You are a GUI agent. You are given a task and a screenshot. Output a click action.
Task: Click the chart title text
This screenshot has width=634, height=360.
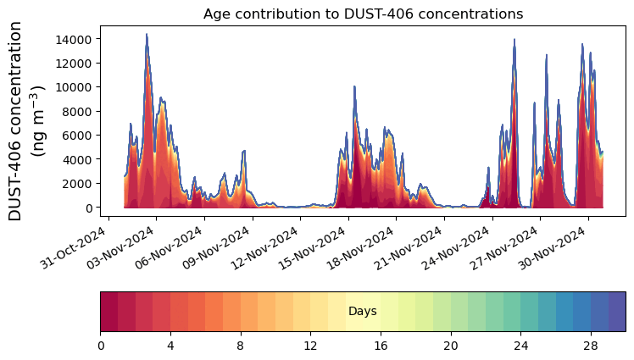363,14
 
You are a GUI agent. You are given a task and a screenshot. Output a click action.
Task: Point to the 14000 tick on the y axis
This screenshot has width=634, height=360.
75,39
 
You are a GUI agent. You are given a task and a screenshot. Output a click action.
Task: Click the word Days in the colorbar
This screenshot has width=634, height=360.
363,312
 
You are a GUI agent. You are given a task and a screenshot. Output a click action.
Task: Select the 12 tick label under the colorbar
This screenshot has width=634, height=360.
310,345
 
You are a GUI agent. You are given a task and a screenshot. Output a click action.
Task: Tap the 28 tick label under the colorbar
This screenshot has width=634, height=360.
591,345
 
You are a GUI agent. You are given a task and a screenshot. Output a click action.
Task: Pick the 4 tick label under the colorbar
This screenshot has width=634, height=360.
170,345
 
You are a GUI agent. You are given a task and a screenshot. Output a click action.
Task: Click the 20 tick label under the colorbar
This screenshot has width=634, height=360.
450,345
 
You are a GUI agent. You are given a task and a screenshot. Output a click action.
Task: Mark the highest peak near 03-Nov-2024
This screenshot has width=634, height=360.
147,35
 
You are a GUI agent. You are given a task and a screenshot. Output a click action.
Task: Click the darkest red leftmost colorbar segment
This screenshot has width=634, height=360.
109,312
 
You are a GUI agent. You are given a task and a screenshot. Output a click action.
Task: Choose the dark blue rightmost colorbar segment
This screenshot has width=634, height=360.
617,312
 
